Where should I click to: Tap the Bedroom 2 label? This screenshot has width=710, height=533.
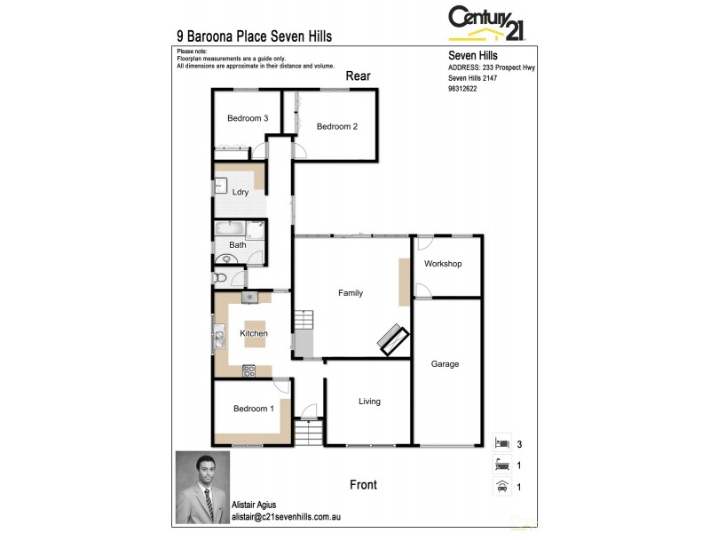(x=337, y=126)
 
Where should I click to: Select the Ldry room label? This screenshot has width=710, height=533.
(x=240, y=192)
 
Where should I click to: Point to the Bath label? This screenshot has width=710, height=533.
(x=238, y=244)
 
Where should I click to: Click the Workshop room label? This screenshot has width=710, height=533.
(x=442, y=264)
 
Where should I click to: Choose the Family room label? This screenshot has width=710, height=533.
(x=351, y=293)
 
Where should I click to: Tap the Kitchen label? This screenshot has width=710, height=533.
(x=254, y=333)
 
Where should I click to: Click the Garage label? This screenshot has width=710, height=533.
(x=445, y=363)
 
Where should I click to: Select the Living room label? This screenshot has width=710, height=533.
(x=369, y=402)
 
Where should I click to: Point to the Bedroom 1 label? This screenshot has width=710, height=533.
(x=253, y=409)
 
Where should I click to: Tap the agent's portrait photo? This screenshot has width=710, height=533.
(x=202, y=487)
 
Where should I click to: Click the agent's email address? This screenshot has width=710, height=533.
(x=286, y=515)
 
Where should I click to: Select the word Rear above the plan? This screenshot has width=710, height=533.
(x=358, y=76)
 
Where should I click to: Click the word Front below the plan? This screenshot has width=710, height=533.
(x=363, y=485)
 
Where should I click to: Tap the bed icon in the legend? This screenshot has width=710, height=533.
(x=502, y=442)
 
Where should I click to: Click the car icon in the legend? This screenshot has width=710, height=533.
(x=502, y=486)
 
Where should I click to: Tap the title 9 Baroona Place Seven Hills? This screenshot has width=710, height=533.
(x=255, y=37)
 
